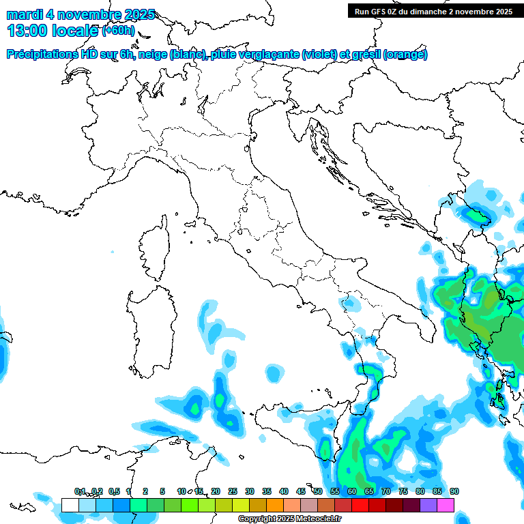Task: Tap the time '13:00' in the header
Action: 28,31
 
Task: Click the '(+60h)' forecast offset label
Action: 118,31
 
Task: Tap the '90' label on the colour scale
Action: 454,491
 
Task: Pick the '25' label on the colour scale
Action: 232,491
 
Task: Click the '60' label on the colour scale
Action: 351,491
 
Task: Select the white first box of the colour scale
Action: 70,505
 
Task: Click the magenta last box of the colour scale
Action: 445,505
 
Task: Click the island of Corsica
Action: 155,249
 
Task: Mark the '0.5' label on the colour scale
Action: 113,491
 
